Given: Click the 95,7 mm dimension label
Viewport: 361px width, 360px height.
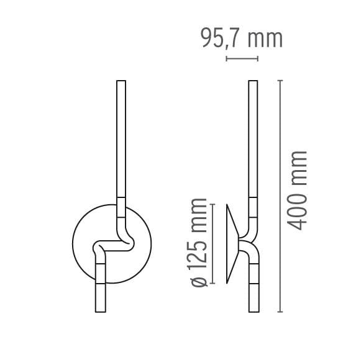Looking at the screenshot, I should pos(242,38).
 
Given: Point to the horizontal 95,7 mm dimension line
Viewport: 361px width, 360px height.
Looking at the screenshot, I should pos(242,59).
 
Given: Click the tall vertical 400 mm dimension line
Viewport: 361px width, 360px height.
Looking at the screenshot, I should pos(281,196).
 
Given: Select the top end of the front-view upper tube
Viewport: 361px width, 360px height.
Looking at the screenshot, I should pos(121,81).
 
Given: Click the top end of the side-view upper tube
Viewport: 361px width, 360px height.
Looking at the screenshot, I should pos(253,81).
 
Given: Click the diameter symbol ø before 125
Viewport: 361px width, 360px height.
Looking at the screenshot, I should pos(199,281).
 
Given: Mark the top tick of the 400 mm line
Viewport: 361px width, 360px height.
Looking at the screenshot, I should pos(281,81).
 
